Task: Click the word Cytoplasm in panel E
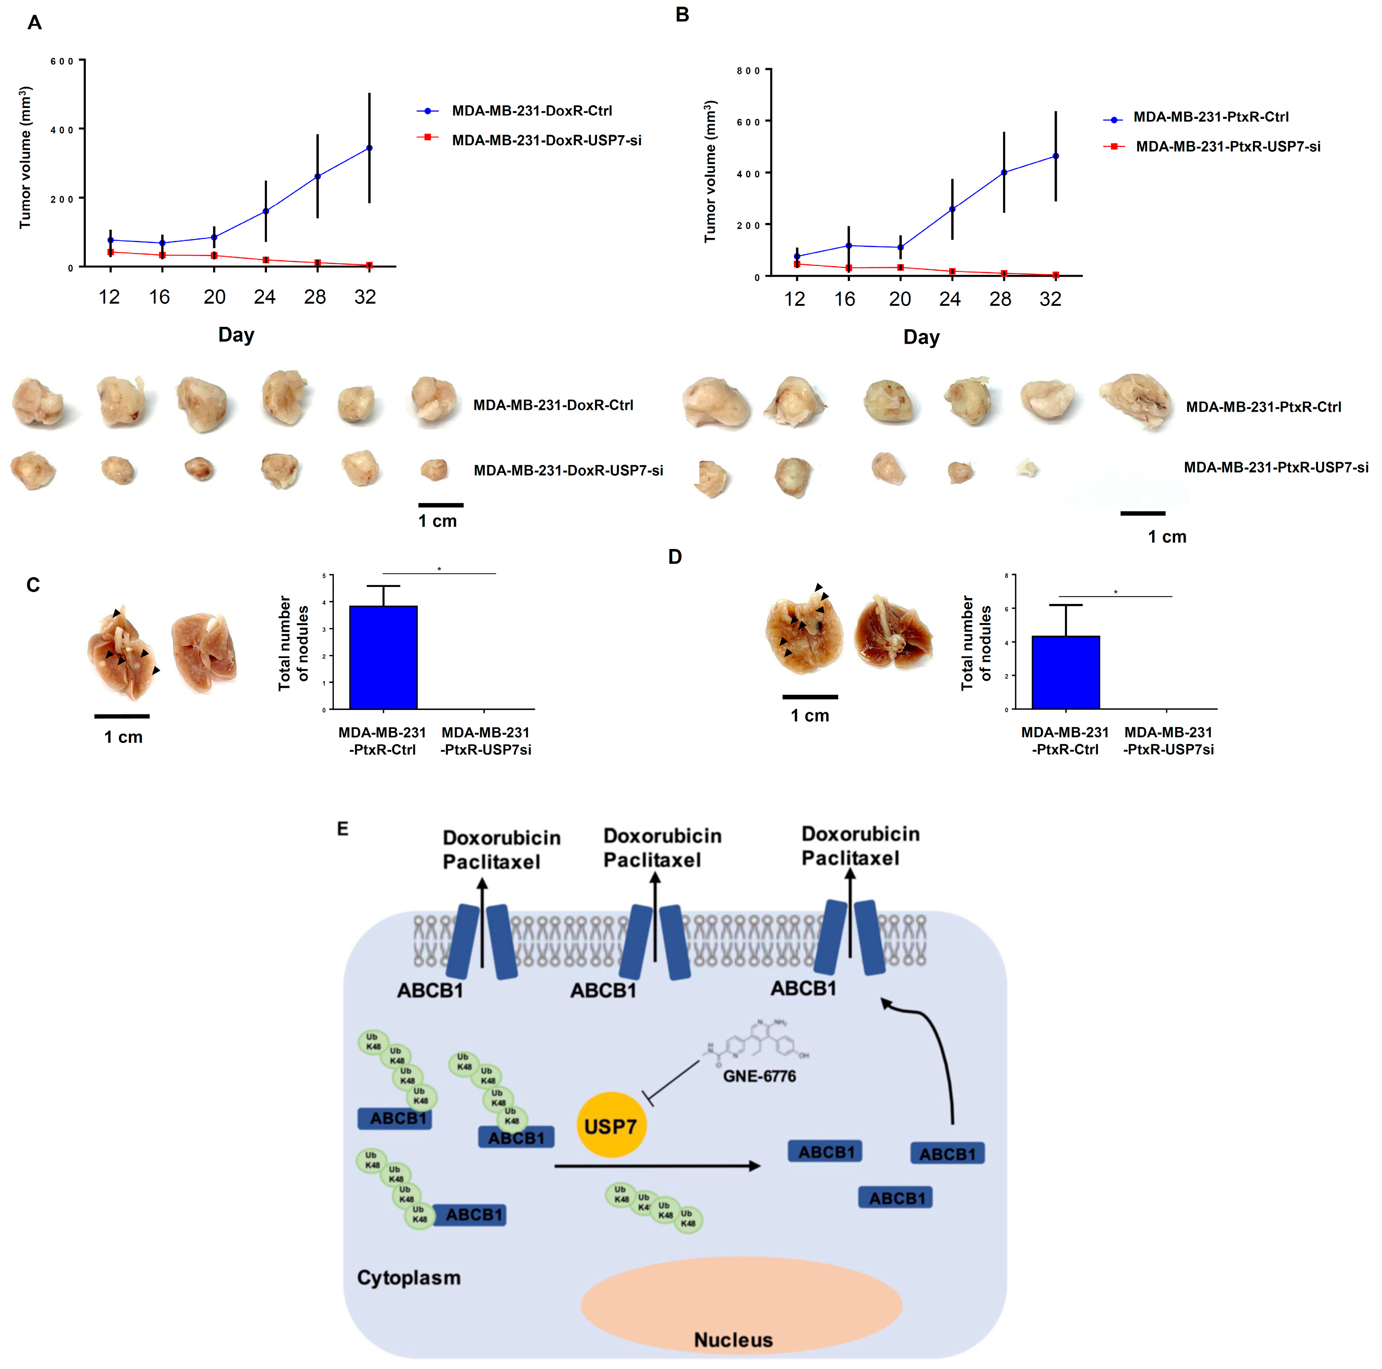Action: (x=409, y=1277)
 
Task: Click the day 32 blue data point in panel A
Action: (x=369, y=148)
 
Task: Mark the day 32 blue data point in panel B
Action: (x=1056, y=156)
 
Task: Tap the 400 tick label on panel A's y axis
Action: (x=62, y=129)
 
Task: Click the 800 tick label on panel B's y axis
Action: (x=748, y=71)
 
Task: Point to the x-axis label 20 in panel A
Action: (x=214, y=297)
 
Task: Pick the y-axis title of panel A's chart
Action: (x=26, y=157)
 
